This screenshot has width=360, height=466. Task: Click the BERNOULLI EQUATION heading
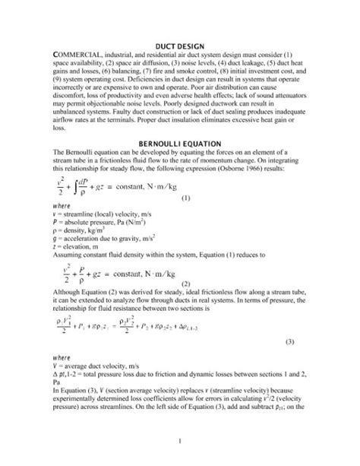(180, 143)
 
